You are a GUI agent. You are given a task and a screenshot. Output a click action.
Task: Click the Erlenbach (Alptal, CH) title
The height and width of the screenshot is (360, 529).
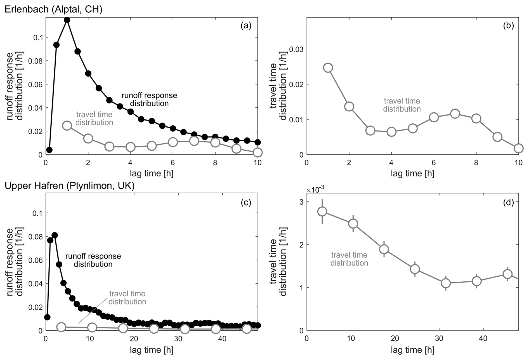tap(53, 10)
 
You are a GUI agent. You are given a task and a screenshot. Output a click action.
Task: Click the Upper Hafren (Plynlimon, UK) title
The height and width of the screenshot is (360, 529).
tap(70, 186)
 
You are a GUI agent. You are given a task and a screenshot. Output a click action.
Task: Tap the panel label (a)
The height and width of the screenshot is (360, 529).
tap(246, 26)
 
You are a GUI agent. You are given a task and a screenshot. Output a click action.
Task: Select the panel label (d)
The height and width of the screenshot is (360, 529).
tap(508, 202)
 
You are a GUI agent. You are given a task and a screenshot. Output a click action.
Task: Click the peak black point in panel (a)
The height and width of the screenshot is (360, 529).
tap(67, 20)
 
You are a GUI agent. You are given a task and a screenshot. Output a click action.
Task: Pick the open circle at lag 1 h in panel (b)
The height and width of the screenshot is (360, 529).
tap(328, 68)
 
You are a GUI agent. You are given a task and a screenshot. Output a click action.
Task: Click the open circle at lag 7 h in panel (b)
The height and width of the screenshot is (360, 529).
tap(455, 114)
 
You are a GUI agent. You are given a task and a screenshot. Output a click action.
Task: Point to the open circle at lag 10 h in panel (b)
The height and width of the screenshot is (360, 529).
tap(518, 148)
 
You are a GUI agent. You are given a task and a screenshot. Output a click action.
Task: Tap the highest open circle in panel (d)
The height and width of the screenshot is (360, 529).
tap(322, 211)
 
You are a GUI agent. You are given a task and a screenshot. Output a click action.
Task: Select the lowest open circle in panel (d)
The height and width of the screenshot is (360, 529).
tap(446, 283)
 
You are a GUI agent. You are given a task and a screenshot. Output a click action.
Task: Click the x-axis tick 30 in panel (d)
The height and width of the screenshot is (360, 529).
tap(439, 338)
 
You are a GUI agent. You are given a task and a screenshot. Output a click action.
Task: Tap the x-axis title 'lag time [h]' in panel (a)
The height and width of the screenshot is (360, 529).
tap(152, 173)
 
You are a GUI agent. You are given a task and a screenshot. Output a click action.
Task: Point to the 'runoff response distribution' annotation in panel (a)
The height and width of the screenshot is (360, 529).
tap(149, 99)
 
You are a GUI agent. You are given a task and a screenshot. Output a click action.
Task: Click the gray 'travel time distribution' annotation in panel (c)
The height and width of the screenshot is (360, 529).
tap(127, 298)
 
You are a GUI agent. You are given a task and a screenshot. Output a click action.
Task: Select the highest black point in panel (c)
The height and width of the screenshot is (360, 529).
tap(55, 235)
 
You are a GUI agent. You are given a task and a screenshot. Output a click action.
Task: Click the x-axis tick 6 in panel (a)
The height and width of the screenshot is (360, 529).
tap(173, 163)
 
